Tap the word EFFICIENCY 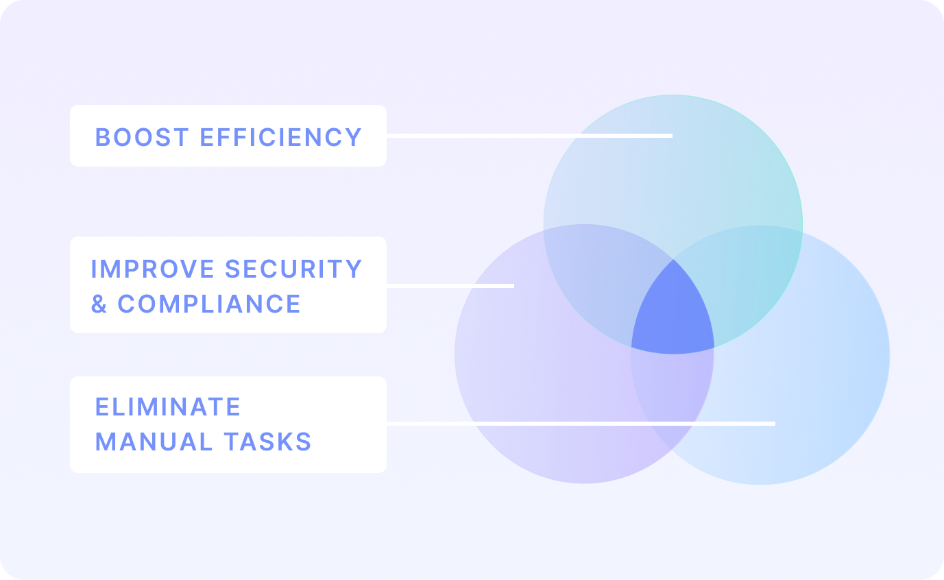coord(280,137)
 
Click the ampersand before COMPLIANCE coord(99,304)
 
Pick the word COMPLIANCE coord(209,304)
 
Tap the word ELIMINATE coord(168,407)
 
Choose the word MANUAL coord(144,442)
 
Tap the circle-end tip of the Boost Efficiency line coord(671,136)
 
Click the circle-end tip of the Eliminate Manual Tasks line coord(774,424)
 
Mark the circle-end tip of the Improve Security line coord(513,285)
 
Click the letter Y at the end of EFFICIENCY coord(354,137)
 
